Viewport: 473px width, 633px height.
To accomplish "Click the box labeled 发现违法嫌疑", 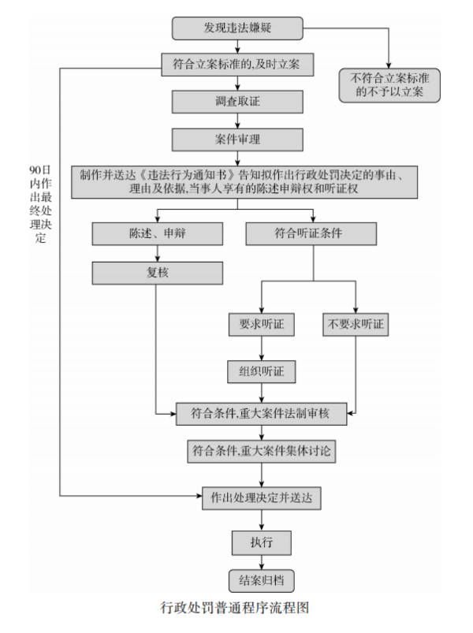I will [237, 28].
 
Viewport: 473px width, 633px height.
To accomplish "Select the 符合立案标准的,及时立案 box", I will [237, 63].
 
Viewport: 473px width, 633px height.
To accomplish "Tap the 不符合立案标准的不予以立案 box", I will [389, 86].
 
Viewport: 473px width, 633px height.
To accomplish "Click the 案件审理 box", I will [237, 140].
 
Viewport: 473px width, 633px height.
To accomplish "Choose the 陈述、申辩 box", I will [157, 234].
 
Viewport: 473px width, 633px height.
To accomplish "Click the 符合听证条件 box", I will [313, 234].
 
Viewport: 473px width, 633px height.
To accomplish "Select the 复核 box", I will [157, 273].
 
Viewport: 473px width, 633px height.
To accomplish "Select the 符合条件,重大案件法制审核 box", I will [260, 412].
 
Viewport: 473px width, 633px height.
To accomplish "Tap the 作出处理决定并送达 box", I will [260, 498].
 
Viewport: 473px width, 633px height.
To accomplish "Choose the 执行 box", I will [260, 542].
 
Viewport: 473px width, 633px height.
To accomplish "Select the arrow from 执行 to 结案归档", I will [260, 561].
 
